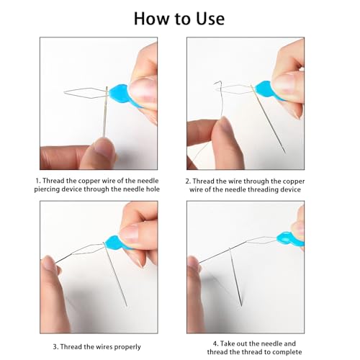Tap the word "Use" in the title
click(x=210, y=19)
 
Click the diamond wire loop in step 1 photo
click(x=86, y=93)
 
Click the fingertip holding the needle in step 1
click(x=104, y=147)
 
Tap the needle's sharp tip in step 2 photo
click(x=285, y=153)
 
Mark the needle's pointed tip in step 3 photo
click(x=127, y=306)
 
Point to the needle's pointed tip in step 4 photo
click(x=241, y=306)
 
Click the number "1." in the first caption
click(x=38, y=181)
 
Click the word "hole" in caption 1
click(x=153, y=189)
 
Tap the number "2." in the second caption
click(x=188, y=181)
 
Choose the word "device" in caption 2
click(x=289, y=189)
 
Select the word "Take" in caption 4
click(x=227, y=343)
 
